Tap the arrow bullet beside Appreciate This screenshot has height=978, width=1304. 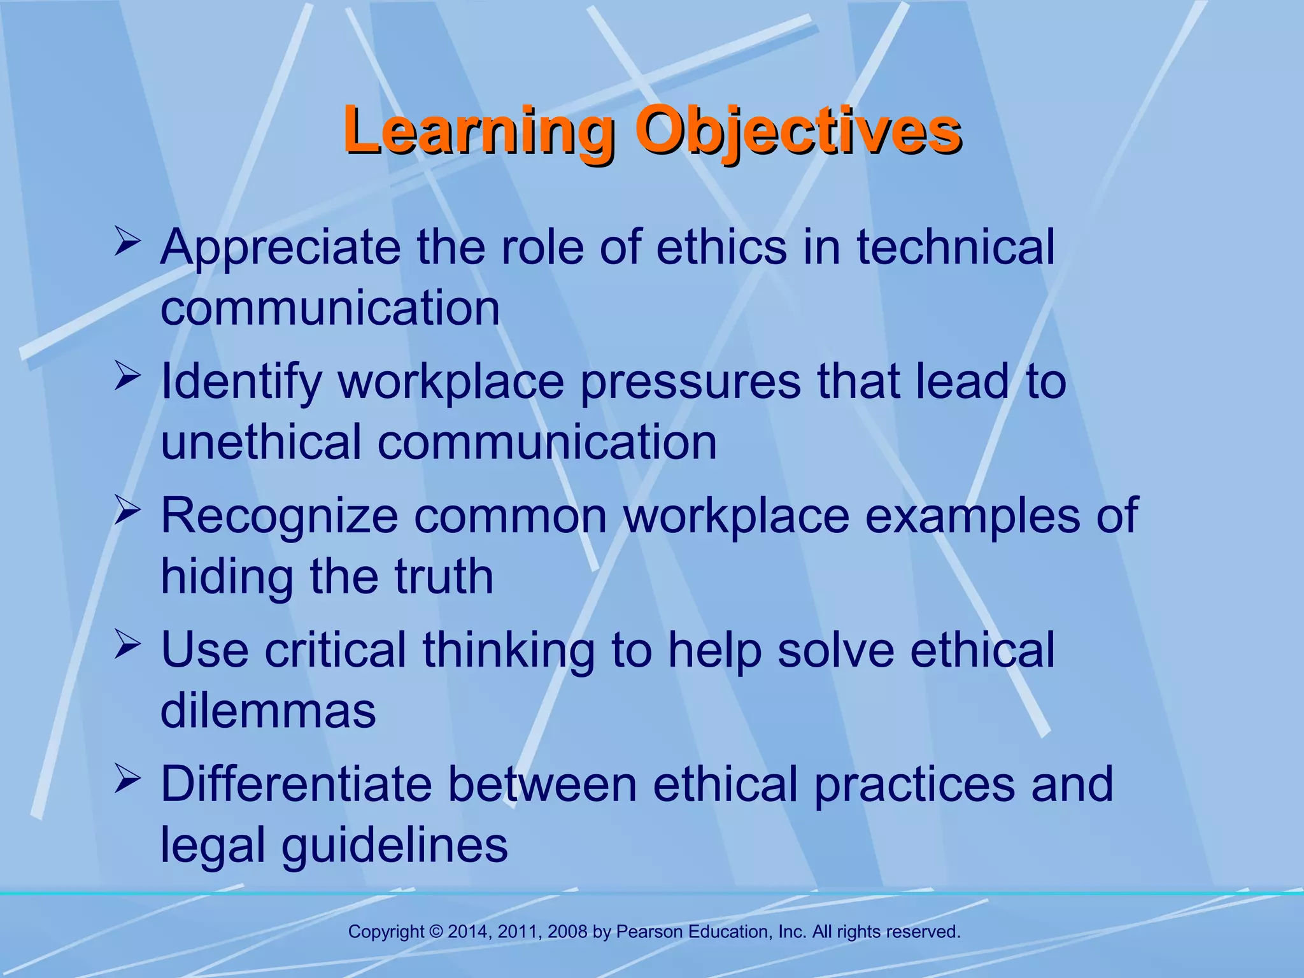127,244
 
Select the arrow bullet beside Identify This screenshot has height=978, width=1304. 127,378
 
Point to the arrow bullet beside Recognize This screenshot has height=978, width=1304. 127,513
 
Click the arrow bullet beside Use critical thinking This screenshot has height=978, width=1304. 127,646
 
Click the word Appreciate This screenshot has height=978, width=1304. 280,248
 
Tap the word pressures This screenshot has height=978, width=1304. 690,382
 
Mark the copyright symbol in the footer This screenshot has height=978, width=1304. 436,932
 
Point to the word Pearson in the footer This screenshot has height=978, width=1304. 650,932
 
